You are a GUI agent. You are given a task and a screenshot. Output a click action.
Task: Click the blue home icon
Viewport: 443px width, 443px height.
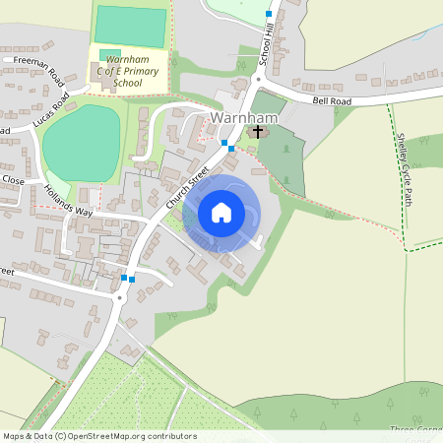(x=221, y=212)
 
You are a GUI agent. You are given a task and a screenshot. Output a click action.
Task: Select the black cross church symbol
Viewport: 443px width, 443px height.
(x=259, y=131)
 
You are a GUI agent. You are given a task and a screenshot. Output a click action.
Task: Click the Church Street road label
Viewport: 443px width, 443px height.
(x=188, y=184)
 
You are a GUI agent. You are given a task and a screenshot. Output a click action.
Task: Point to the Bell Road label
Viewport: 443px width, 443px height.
(x=332, y=100)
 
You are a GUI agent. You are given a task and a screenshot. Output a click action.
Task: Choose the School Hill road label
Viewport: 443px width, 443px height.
(x=266, y=47)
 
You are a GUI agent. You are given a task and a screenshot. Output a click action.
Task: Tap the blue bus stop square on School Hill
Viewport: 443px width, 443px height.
(x=269, y=14)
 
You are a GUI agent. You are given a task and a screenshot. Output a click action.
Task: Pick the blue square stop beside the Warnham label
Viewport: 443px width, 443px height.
(x=225, y=144)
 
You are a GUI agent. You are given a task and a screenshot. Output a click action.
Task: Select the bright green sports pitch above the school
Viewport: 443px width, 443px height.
(x=130, y=26)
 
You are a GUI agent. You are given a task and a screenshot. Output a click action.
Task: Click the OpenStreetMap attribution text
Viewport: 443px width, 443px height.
(x=99, y=436)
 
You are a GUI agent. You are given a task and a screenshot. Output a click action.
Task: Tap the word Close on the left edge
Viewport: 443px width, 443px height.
(x=12, y=180)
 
